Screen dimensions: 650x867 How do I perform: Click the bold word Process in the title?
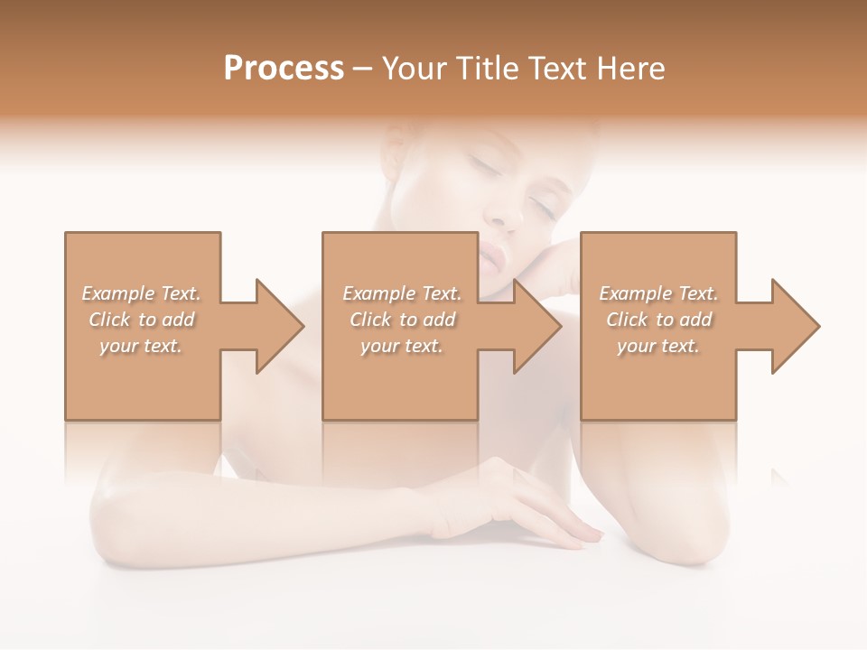coord(284,69)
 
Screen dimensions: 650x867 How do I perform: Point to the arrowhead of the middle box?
coord(536,326)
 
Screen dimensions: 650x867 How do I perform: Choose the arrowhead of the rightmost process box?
coord(795,326)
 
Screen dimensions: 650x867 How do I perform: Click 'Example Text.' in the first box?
coord(141,293)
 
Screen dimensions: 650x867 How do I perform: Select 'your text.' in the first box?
coord(141,346)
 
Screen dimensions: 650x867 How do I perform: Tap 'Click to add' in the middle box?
coord(402,320)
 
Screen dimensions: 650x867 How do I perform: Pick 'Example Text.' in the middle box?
coord(402,293)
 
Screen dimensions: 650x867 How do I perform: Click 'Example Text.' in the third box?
coord(658,293)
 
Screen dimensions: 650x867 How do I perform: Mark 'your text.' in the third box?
coord(658,346)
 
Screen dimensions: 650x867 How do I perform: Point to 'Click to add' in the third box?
coord(658,320)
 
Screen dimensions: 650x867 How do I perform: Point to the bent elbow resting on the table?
coord(704,542)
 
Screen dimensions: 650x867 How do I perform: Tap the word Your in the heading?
coord(413,69)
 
